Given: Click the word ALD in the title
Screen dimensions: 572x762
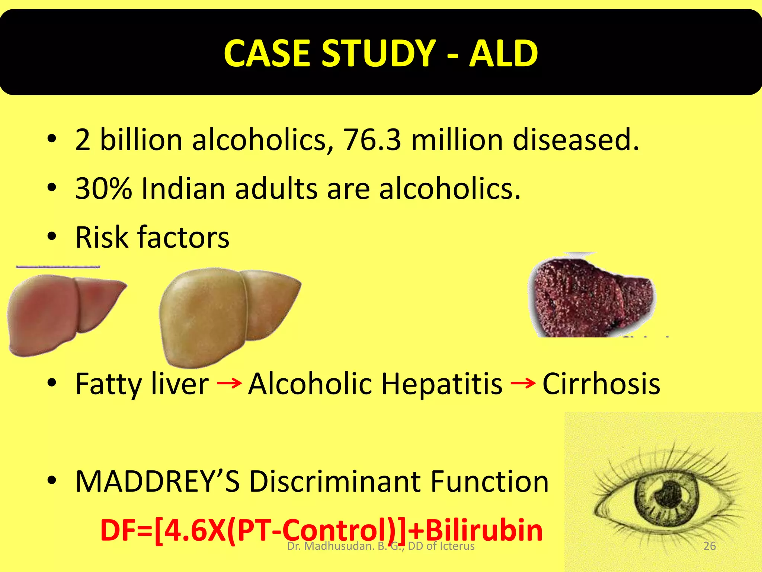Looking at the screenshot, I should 503,54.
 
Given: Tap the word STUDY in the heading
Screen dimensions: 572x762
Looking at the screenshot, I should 378,54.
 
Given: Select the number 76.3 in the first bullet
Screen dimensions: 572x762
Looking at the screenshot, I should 372,140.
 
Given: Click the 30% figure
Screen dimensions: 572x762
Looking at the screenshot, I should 103,188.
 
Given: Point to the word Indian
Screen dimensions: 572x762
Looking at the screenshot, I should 183,188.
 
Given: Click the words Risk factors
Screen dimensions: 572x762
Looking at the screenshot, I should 152,237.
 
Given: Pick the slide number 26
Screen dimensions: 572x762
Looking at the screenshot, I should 710,546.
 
